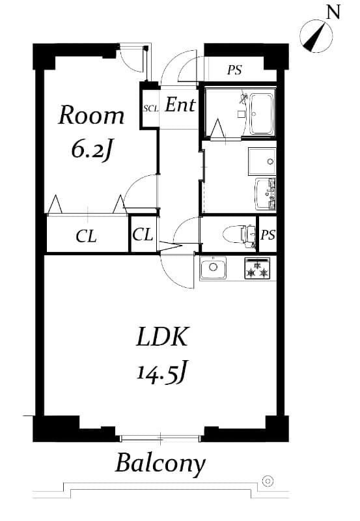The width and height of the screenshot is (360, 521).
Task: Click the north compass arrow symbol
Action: (314, 36)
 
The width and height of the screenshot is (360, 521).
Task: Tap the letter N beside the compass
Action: (333, 12)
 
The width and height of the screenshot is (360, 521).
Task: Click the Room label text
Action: (91, 116)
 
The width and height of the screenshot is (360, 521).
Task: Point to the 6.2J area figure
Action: (92, 150)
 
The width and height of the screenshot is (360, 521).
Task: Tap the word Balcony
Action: (160, 464)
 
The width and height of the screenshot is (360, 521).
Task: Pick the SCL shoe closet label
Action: (150, 107)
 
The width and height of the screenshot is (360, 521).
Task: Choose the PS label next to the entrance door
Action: (234, 70)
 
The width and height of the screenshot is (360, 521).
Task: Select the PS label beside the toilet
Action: (268, 235)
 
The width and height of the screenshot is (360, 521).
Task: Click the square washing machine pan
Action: (262, 160)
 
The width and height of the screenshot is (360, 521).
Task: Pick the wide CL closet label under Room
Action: (86, 236)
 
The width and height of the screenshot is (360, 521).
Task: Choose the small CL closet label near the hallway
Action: (143, 234)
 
